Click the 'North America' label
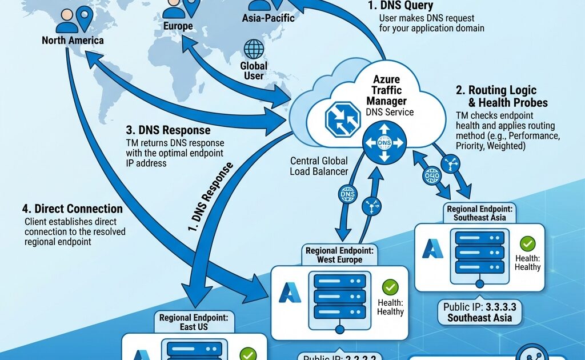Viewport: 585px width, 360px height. tap(73, 41)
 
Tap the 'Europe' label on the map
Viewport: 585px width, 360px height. tap(178, 26)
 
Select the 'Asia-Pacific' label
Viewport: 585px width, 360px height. tap(268, 18)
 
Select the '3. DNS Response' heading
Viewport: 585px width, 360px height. tap(167, 130)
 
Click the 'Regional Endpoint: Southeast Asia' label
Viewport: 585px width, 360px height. tap(479, 213)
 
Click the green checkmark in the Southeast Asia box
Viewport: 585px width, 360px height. tap(528, 245)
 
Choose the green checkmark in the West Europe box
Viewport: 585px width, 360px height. tap(391, 287)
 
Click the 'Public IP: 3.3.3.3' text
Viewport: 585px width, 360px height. tap(479, 307)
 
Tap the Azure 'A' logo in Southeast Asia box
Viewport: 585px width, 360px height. tap(432, 250)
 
